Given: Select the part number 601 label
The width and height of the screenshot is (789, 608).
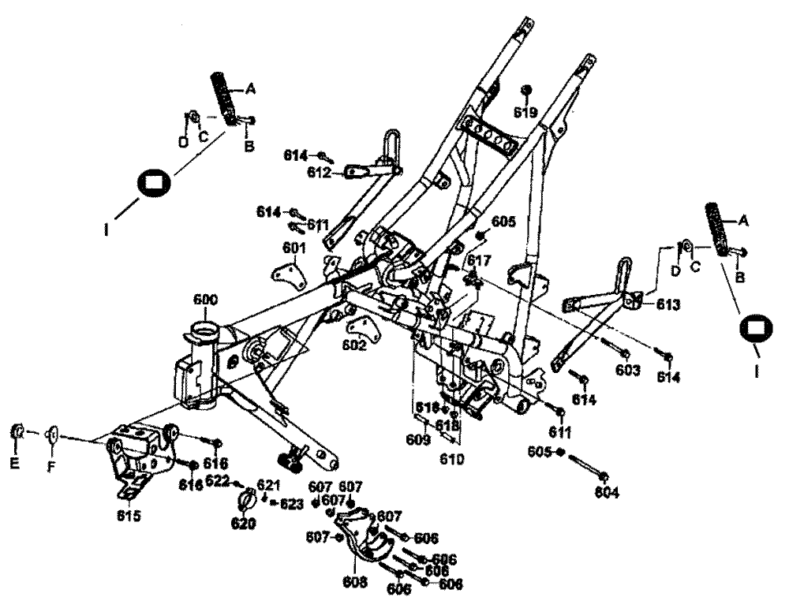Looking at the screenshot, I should (294, 248).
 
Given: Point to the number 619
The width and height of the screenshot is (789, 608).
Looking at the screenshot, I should (525, 113).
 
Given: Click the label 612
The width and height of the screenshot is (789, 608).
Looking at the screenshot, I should (319, 173).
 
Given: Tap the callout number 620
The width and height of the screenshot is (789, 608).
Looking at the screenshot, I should (243, 524).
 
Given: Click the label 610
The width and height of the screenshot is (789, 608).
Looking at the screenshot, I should (453, 458).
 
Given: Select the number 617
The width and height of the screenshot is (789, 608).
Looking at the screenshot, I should (479, 260).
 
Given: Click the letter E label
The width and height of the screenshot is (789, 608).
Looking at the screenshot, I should (13, 465).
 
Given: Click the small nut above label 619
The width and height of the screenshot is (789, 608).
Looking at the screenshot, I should (527, 89).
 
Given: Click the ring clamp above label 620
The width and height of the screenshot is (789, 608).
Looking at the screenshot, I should (245, 500).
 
